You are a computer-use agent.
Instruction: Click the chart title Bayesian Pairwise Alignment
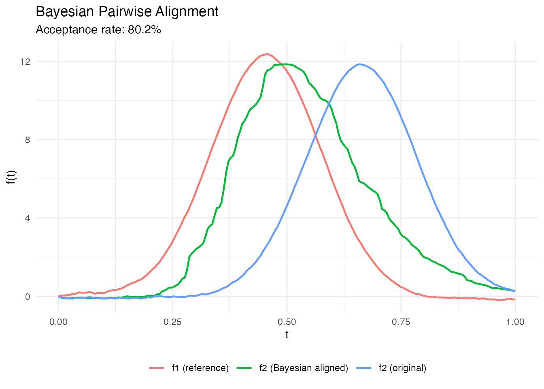coord(127,12)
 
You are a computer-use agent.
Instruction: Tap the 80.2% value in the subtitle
coord(144,30)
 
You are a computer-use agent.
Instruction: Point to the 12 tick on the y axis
coord(25,62)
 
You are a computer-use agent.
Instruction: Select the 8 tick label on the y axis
coord(28,140)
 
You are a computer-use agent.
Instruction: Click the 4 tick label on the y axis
coord(28,218)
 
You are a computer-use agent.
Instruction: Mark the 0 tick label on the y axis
coord(28,296)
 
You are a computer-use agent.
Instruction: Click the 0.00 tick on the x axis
coord(59,322)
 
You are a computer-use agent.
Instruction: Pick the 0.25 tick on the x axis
coord(173,322)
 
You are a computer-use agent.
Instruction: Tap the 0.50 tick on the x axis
coord(287,322)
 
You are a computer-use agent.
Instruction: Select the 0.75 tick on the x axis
coord(401,322)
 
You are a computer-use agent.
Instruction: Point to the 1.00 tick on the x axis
coord(515,322)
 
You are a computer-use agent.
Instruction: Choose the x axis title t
coord(287,335)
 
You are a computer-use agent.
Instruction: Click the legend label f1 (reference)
coord(200,368)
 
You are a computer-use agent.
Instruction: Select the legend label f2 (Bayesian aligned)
coord(304,368)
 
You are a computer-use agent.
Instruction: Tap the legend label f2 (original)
coord(402,368)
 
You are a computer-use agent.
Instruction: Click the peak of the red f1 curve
coord(267,54)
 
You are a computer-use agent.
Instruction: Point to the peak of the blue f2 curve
coord(359,64)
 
